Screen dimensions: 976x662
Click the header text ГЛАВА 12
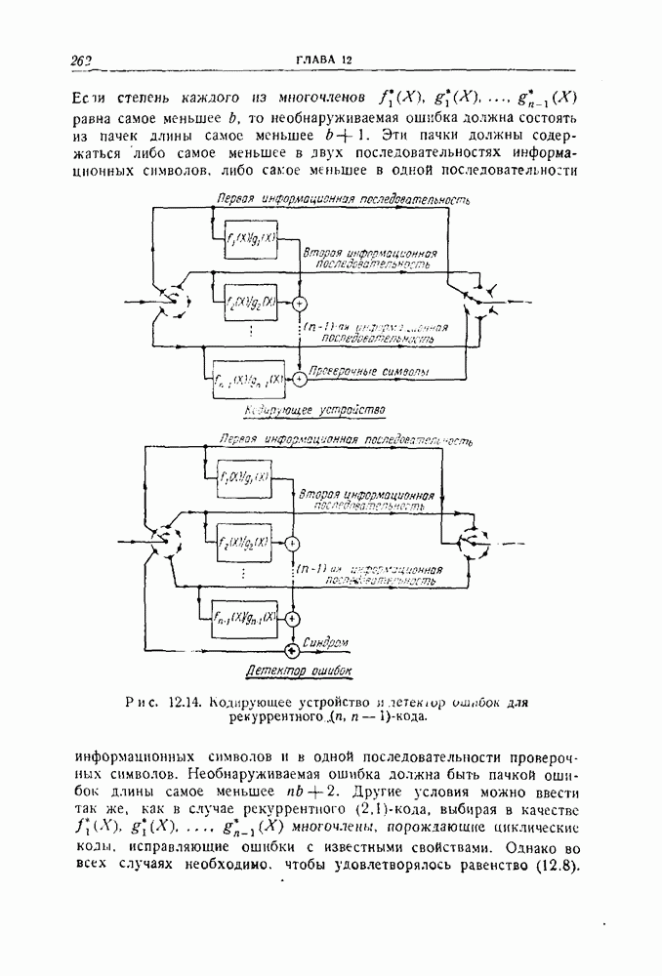tap(323, 61)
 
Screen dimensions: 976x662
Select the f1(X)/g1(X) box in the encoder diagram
tap(251, 239)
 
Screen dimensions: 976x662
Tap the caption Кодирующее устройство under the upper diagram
tap(316, 408)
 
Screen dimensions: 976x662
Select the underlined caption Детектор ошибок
tap(297, 671)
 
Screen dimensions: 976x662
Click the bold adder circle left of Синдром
tap(291, 649)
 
